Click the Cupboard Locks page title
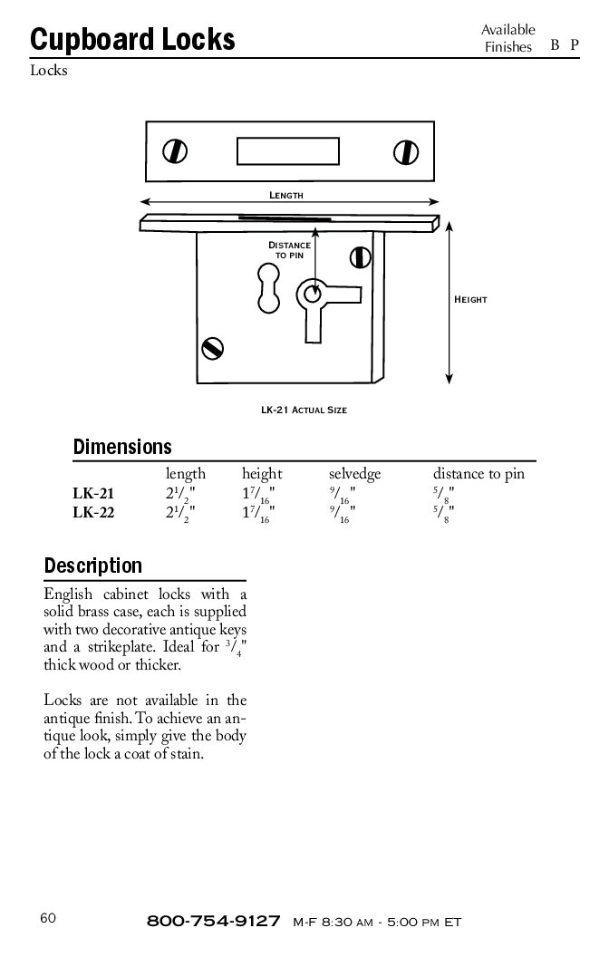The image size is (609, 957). [132, 39]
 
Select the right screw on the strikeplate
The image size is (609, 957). [404, 150]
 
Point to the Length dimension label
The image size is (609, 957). [285, 196]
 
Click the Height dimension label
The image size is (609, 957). [470, 299]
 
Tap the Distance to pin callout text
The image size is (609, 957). [289, 250]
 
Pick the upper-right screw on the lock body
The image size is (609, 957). [361, 260]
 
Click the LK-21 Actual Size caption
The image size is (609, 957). [304, 410]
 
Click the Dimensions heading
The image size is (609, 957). [122, 447]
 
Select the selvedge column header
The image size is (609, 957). [354, 474]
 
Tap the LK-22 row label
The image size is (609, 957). [93, 513]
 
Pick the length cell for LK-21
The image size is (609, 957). [179, 495]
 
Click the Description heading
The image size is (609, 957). [93, 566]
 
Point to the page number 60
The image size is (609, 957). [48, 917]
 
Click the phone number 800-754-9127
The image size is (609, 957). [213, 922]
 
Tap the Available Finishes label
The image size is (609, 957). [507, 39]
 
